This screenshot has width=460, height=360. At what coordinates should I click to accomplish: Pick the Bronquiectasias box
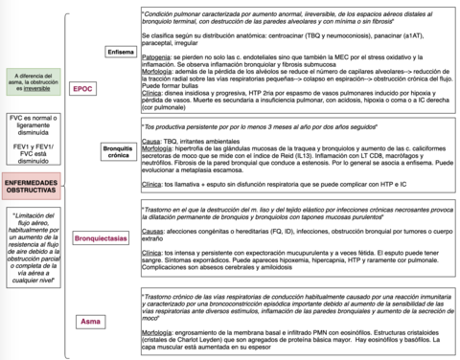(101, 236)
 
